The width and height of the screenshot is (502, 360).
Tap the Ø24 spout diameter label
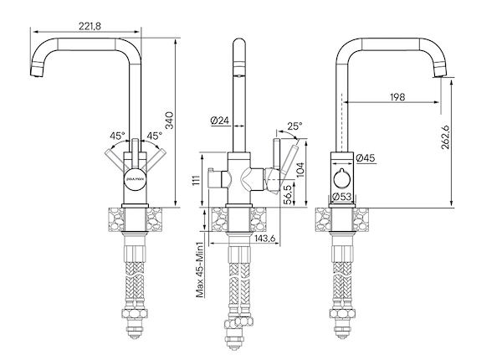coord(220,121)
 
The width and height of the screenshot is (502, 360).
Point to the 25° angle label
coord(294,126)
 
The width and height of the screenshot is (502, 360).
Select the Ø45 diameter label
coord(365,157)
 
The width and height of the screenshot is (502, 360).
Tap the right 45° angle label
coord(155,135)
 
